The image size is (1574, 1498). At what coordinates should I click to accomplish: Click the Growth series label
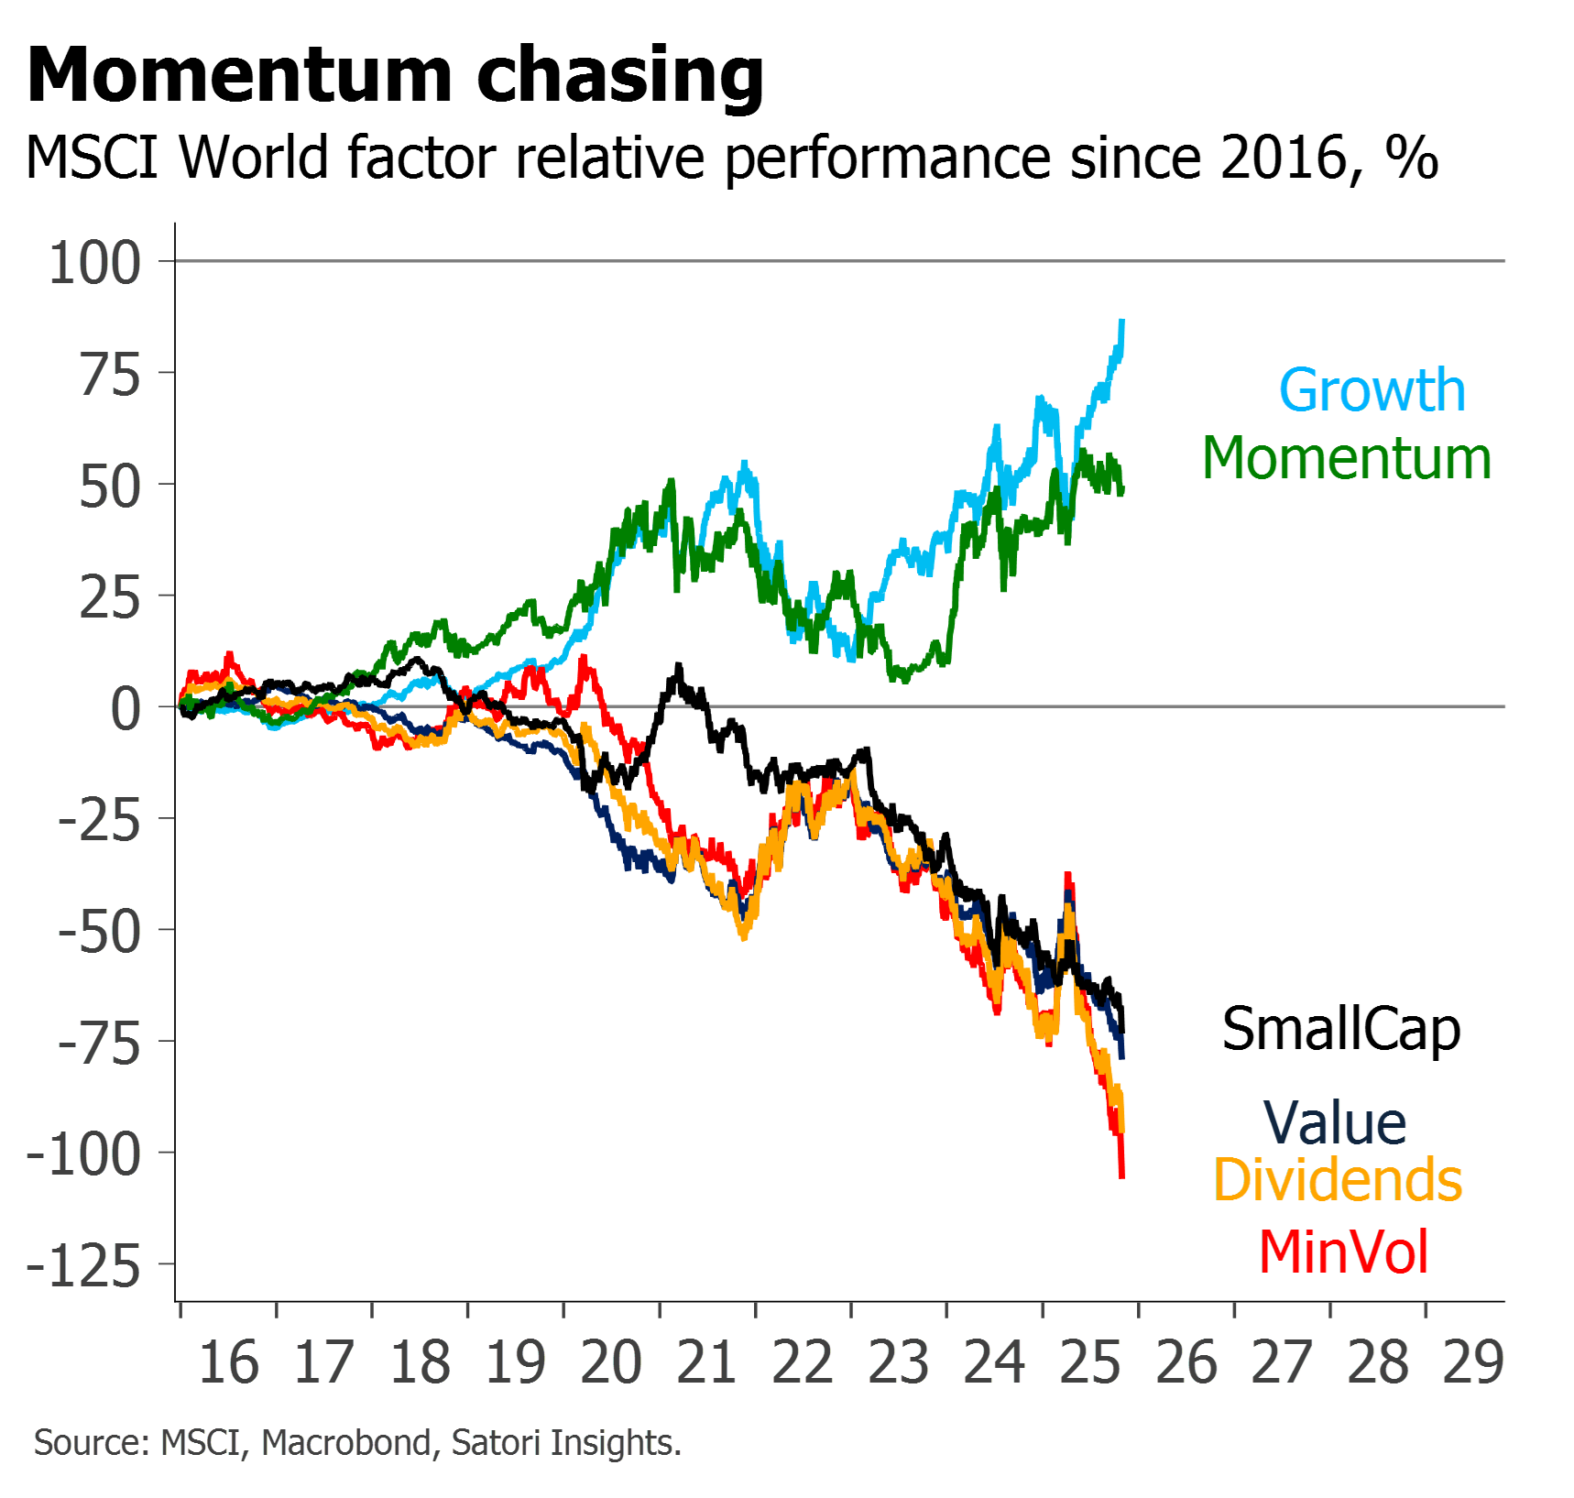1372,391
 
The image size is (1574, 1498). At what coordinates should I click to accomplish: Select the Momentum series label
1346,459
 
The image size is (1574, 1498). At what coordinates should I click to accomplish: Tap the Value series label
1334,1123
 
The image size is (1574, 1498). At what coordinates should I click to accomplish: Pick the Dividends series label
1338,1180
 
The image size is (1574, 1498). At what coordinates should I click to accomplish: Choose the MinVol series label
1343,1252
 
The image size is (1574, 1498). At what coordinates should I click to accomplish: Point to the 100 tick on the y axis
95,264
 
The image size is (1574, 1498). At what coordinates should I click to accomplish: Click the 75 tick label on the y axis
110,376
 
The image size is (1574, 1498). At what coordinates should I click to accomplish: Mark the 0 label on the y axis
126,709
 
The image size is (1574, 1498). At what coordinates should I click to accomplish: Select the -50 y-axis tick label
99,933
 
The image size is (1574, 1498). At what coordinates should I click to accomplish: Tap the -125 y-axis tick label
83,1267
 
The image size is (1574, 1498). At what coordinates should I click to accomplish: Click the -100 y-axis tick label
83,1155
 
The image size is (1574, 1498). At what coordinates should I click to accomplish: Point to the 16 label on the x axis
228,1363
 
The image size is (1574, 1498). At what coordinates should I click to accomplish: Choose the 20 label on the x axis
611,1363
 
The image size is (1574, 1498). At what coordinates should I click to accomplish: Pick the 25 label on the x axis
1090,1363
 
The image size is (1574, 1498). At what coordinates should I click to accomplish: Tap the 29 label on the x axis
1473,1363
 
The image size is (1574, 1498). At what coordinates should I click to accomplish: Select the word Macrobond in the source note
346,1443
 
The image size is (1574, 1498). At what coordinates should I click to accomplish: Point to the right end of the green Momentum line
1122,490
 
